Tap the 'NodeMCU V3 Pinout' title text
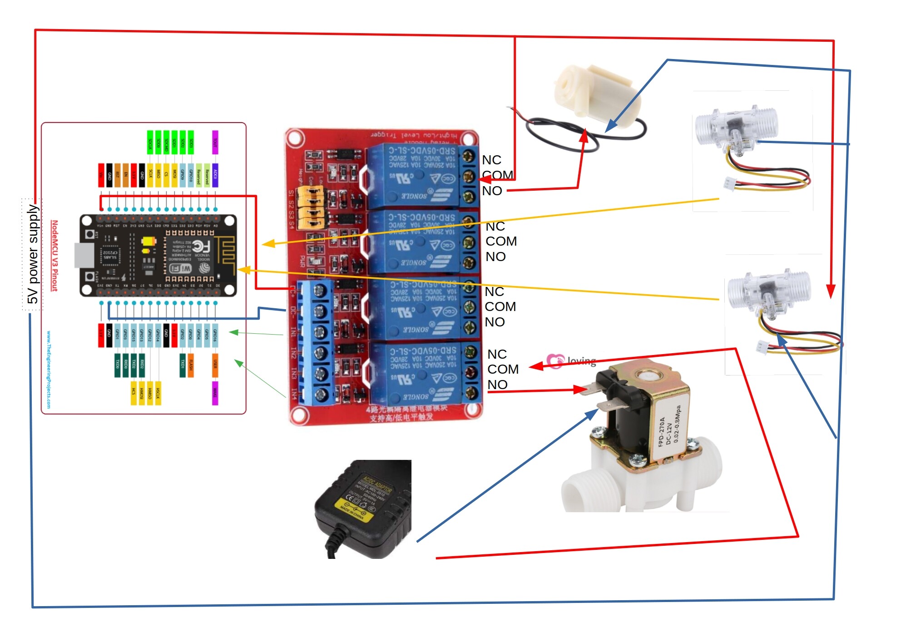[x=54, y=255]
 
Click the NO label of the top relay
[x=492, y=191]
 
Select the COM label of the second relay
[x=501, y=241]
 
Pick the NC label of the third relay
[x=494, y=291]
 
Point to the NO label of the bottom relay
[x=497, y=385]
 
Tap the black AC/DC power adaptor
[x=363, y=509]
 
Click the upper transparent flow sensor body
[x=736, y=127]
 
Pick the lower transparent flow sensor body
[x=767, y=291]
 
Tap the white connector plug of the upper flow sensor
[x=729, y=183]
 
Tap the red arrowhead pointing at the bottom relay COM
[x=536, y=366]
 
